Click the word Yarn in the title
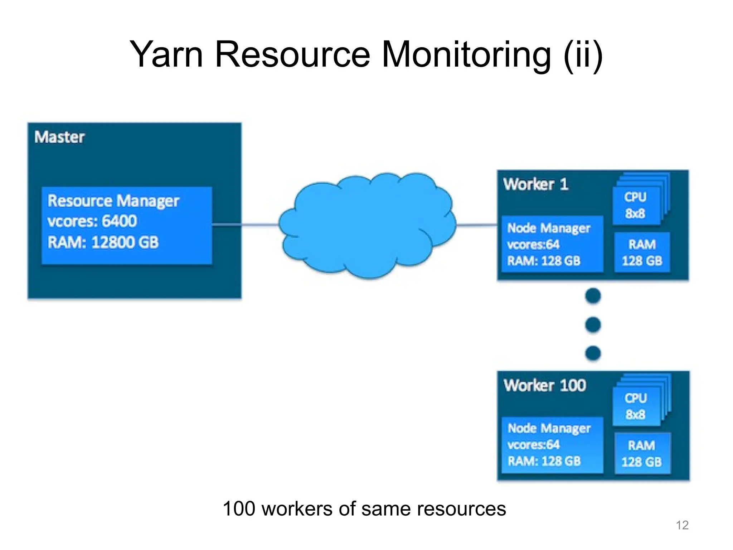tap(167, 54)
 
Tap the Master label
tap(59, 137)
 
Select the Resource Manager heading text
tap(113, 201)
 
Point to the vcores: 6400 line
tap(92, 221)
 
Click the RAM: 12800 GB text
tap(103, 242)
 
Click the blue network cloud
tap(367, 226)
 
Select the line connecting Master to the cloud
tap(259, 225)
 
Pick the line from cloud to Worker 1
tap(477, 225)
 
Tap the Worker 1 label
tap(535, 184)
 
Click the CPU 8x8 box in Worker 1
tap(636, 206)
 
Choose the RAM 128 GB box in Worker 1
tap(642, 252)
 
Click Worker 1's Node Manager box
tap(552, 244)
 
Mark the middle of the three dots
tap(593, 325)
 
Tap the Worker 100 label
tap(545, 385)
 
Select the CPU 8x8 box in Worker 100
tap(636, 406)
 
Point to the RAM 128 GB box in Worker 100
tap(642, 453)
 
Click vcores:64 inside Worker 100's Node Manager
tap(533, 445)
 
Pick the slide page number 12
tap(682, 525)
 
